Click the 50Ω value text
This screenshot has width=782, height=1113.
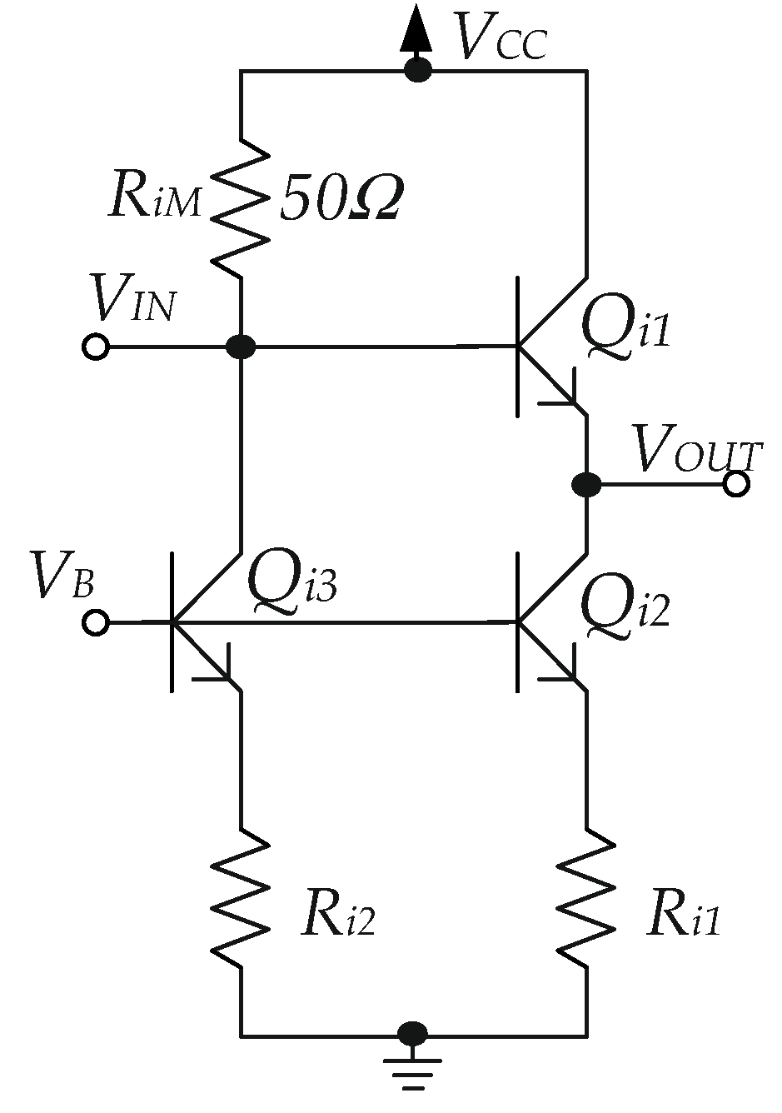[x=341, y=200]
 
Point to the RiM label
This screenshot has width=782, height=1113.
[x=155, y=201]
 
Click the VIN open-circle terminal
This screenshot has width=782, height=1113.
[x=96, y=347]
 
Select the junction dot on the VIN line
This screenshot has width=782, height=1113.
[x=242, y=347]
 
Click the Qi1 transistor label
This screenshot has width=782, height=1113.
[x=625, y=326]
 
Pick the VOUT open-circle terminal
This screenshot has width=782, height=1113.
[x=736, y=483]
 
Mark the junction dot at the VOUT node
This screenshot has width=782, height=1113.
[x=587, y=483]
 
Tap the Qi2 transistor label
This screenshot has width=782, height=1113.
[x=625, y=605]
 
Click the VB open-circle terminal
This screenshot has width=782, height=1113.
[x=96, y=622]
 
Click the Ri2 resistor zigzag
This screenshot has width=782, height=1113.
[x=242, y=898]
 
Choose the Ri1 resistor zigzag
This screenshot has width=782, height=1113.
[x=587, y=898]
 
